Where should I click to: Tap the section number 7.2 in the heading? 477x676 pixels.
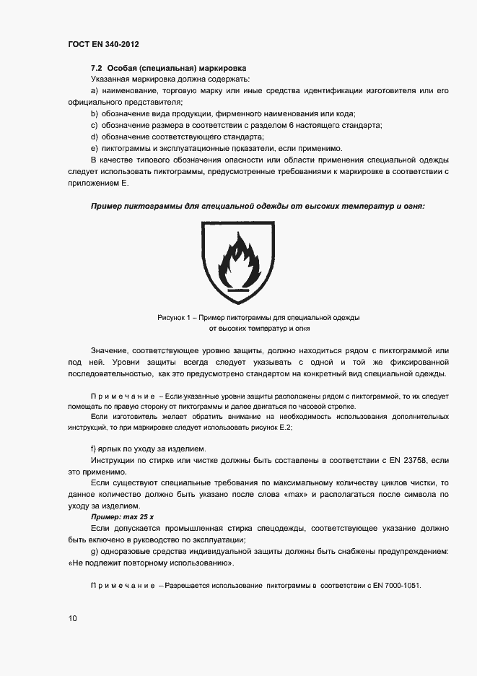point(96,66)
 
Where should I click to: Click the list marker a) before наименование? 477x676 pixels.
point(95,90)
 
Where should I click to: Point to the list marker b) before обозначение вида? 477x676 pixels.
point(95,114)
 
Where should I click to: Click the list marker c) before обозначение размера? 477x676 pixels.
point(95,126)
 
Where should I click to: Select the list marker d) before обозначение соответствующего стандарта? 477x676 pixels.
point(95,137)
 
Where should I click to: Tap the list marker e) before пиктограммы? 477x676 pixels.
point(95,149)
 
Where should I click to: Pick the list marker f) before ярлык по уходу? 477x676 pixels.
point(94,448)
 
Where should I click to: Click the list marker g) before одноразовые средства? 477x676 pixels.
point(95,552)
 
